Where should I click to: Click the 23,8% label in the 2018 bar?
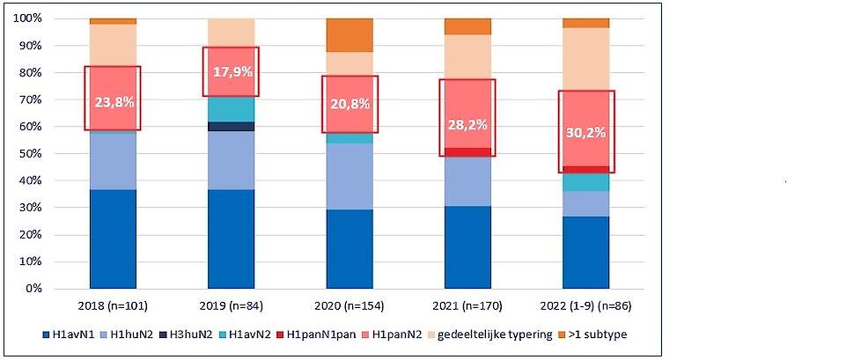click(x=113, y=101)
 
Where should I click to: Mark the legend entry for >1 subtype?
click(x=601, y=334)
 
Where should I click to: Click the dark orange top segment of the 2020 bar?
click(x=350, y=34)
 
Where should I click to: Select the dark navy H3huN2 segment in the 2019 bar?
click(x=232, y=127)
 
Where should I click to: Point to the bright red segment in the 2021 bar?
click(x=467, y=152)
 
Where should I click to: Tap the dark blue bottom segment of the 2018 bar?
click(x=113, y=239)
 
